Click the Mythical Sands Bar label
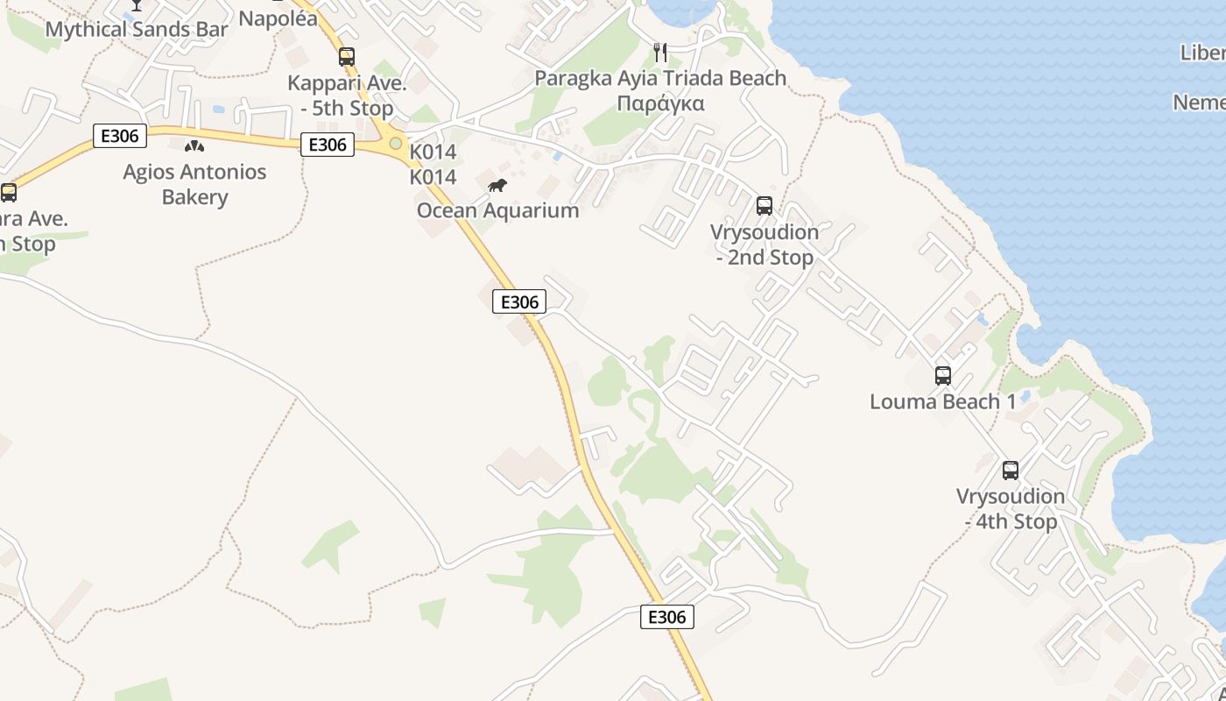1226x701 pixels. coord(136,29)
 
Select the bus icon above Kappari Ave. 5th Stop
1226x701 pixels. coord(347,57)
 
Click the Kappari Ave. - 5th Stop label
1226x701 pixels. coord(347,96)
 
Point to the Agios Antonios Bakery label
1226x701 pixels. coord(194,184)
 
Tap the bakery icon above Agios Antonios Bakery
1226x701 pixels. coord(194,145)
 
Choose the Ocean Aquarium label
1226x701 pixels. coord(497,210)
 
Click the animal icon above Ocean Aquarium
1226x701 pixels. coord(497,185)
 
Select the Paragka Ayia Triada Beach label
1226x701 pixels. coord(660,78)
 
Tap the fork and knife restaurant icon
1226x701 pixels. coord(660,53)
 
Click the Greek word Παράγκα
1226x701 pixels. coord(660,103)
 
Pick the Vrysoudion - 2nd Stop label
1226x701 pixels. coord(764,244)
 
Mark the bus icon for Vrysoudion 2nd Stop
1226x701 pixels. coord(764,206)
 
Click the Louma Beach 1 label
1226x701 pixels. coord(943,401)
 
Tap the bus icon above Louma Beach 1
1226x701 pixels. coord(943,376)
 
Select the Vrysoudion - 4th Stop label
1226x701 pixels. coord(1011,509)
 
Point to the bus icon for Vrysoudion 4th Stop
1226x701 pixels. coord(1011,471)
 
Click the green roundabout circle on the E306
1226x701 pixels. coord(396,143)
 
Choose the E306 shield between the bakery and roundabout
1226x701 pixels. coord(328,145)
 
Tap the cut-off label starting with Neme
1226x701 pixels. coord(1200,103)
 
